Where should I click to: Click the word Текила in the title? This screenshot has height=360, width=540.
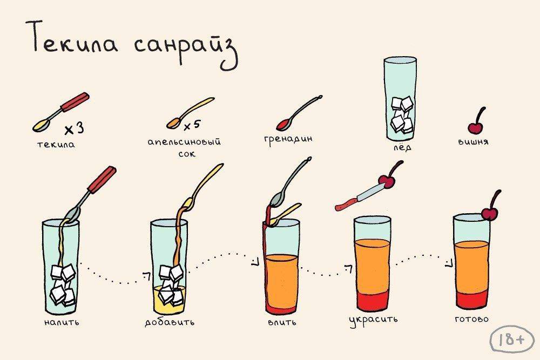click(76, 37)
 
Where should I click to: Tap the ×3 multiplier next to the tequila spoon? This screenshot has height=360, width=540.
click(74, 128)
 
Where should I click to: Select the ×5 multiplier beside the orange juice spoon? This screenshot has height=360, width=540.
click(192, 125)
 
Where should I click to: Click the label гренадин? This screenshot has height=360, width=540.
click(288, 139)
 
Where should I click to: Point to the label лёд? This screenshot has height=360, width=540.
click(403, 147)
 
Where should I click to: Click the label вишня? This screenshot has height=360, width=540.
click(474, 141)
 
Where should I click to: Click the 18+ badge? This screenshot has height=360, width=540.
click(512, 339)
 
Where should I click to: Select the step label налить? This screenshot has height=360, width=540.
click(62, 322)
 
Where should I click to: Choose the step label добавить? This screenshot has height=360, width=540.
click(170, 322)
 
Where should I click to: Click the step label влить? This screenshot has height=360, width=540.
click(282, 322)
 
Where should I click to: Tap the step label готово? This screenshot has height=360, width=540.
click(471, 319)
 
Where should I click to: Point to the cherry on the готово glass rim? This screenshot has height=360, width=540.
click(489, 213)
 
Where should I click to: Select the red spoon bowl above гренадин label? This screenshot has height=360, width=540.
click(283, 124)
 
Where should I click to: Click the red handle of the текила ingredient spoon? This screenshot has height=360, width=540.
click(76, 101)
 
